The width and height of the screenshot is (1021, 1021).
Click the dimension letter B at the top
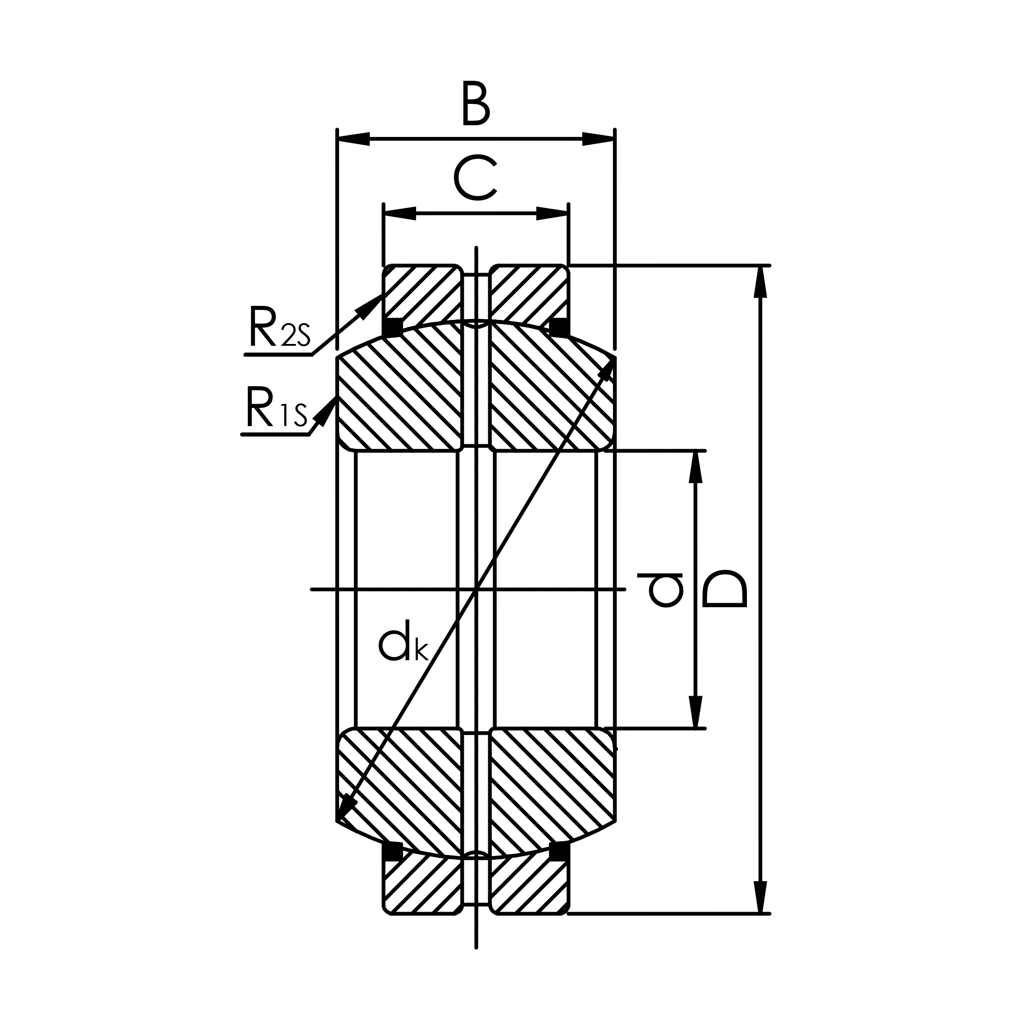pos(476,103)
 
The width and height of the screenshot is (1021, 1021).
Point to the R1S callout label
pos(276,407)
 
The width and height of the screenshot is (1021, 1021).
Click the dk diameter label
pos(403,643)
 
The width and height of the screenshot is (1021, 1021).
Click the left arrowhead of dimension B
pos(353,139)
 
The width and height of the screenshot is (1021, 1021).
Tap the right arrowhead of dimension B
pos(598,139)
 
